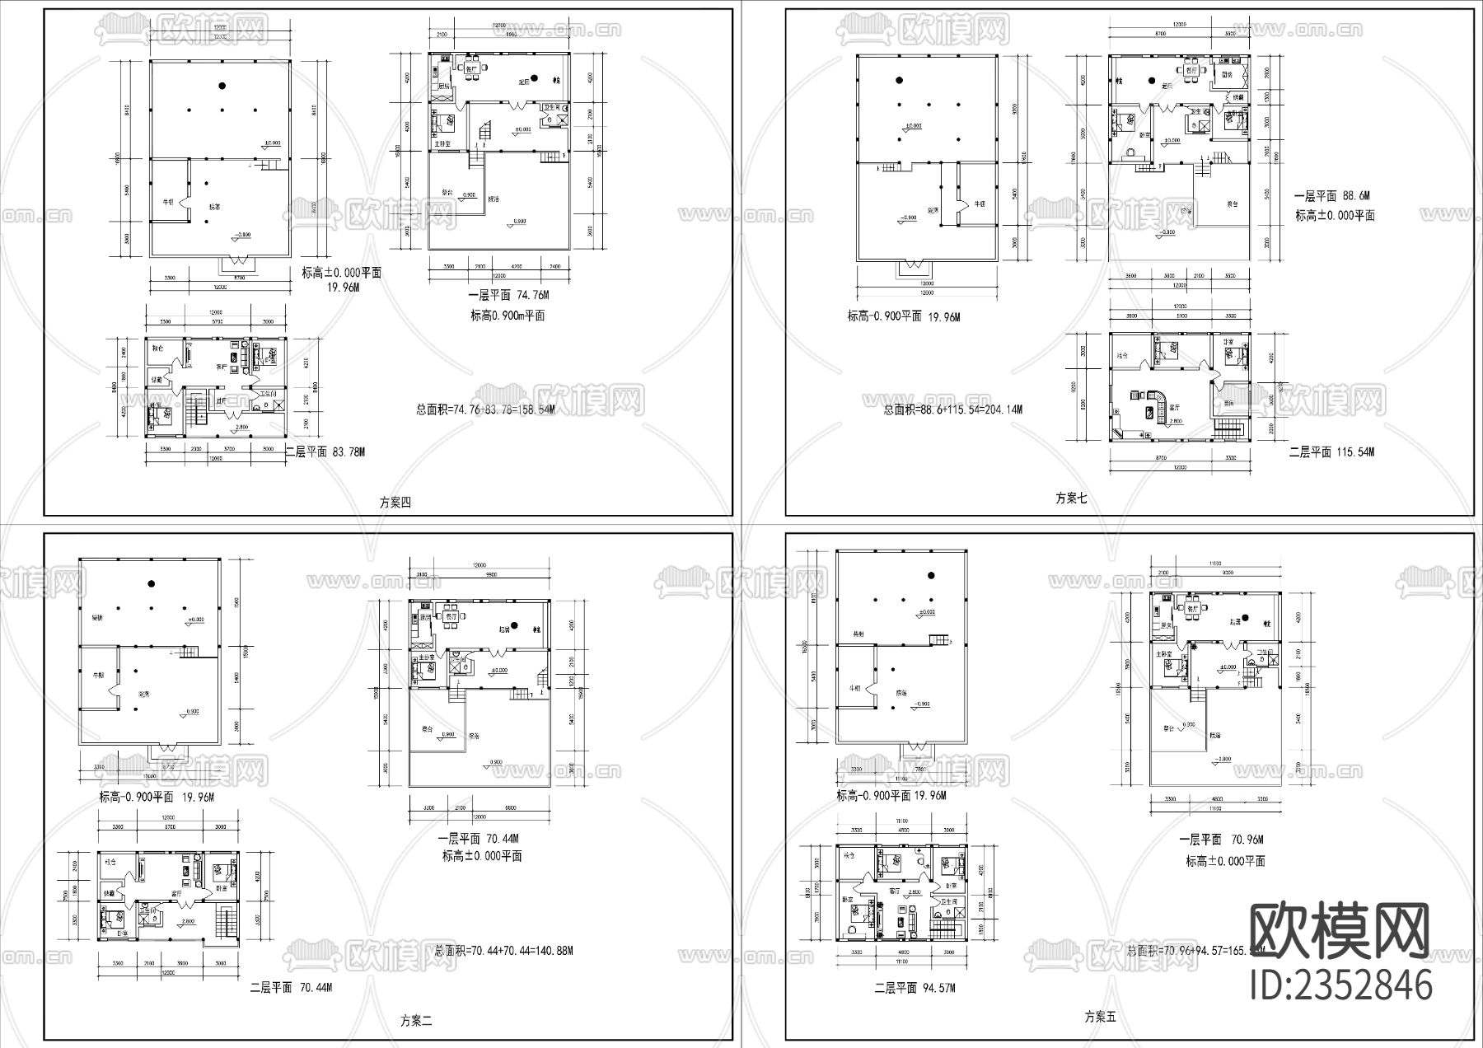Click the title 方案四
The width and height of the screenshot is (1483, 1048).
[x=395, y=503]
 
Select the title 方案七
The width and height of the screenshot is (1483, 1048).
[x=1071, y=498]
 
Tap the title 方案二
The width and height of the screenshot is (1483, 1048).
[x=416, y=1020]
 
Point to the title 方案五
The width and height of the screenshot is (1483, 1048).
[x=1100, y=1017]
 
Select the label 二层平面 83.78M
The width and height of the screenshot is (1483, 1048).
[x=325, y=451]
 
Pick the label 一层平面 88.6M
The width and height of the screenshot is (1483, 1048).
[x=1330, y=196]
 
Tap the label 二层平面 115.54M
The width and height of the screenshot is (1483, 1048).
[x=1331, y=451]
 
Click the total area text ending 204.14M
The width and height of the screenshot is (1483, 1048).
[x=953, y=409]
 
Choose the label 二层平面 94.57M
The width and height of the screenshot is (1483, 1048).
[x=915, y=988]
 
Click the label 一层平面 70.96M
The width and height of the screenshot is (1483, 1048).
[x=1221, y=840]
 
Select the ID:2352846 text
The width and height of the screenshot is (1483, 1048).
[x=1340, y=985]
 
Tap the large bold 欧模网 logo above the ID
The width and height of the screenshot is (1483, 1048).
[x=1340, y=930]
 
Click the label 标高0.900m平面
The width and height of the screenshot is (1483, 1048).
[x=508, y=316]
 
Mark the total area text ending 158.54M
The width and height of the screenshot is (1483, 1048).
[x=485, y=409]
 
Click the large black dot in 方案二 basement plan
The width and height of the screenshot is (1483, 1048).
[x=152, y=583]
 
